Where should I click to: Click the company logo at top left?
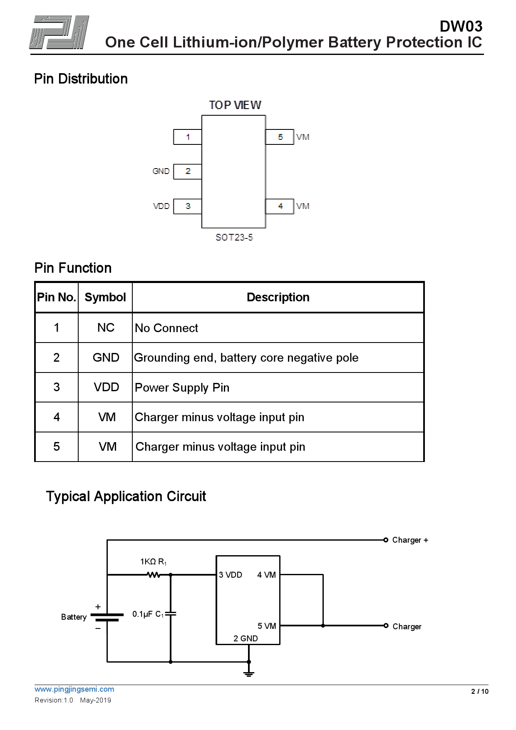coord(59,32)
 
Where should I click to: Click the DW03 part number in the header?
coord(461,27)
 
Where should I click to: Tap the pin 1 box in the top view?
coord(188,137)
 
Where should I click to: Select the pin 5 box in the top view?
coord(280,137)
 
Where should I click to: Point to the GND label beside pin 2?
coord(161,171)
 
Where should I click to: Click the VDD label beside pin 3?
coord(161,206)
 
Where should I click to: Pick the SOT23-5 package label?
coord(234,237)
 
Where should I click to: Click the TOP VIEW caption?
coord(235,105)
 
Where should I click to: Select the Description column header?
coord(278,297)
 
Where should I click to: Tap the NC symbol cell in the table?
coord(106,328)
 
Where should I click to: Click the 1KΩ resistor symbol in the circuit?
coord(154,575)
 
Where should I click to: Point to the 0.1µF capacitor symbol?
coord(171,613)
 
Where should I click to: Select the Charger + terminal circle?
coord(386,540)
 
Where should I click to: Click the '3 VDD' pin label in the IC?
coord(231,575)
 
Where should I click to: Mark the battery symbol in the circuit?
coord(107,617)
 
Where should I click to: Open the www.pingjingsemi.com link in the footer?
coord(74,689)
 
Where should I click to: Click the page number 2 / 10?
coord(479,691)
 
